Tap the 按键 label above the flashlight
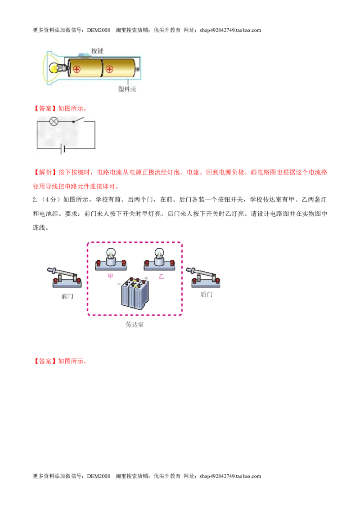tap(97, 51)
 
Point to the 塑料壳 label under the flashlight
tap(127, 89)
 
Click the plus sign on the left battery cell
tap(76, 69)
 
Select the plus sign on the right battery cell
tap(109, 69)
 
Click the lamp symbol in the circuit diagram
tap(54, 121)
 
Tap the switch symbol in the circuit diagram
tap(78, 120)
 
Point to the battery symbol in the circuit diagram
tap(63, 149)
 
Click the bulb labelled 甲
tap(111, 259)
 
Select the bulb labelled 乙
tap(159, 259)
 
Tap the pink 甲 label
tap(110, 276)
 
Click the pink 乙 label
tap(161, 276)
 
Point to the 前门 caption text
tap(67, 296)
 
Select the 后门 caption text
tap(206, 295)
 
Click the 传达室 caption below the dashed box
tap(135, 324)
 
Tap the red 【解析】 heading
tap(45, 172)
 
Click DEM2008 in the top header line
tap(99, 30)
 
